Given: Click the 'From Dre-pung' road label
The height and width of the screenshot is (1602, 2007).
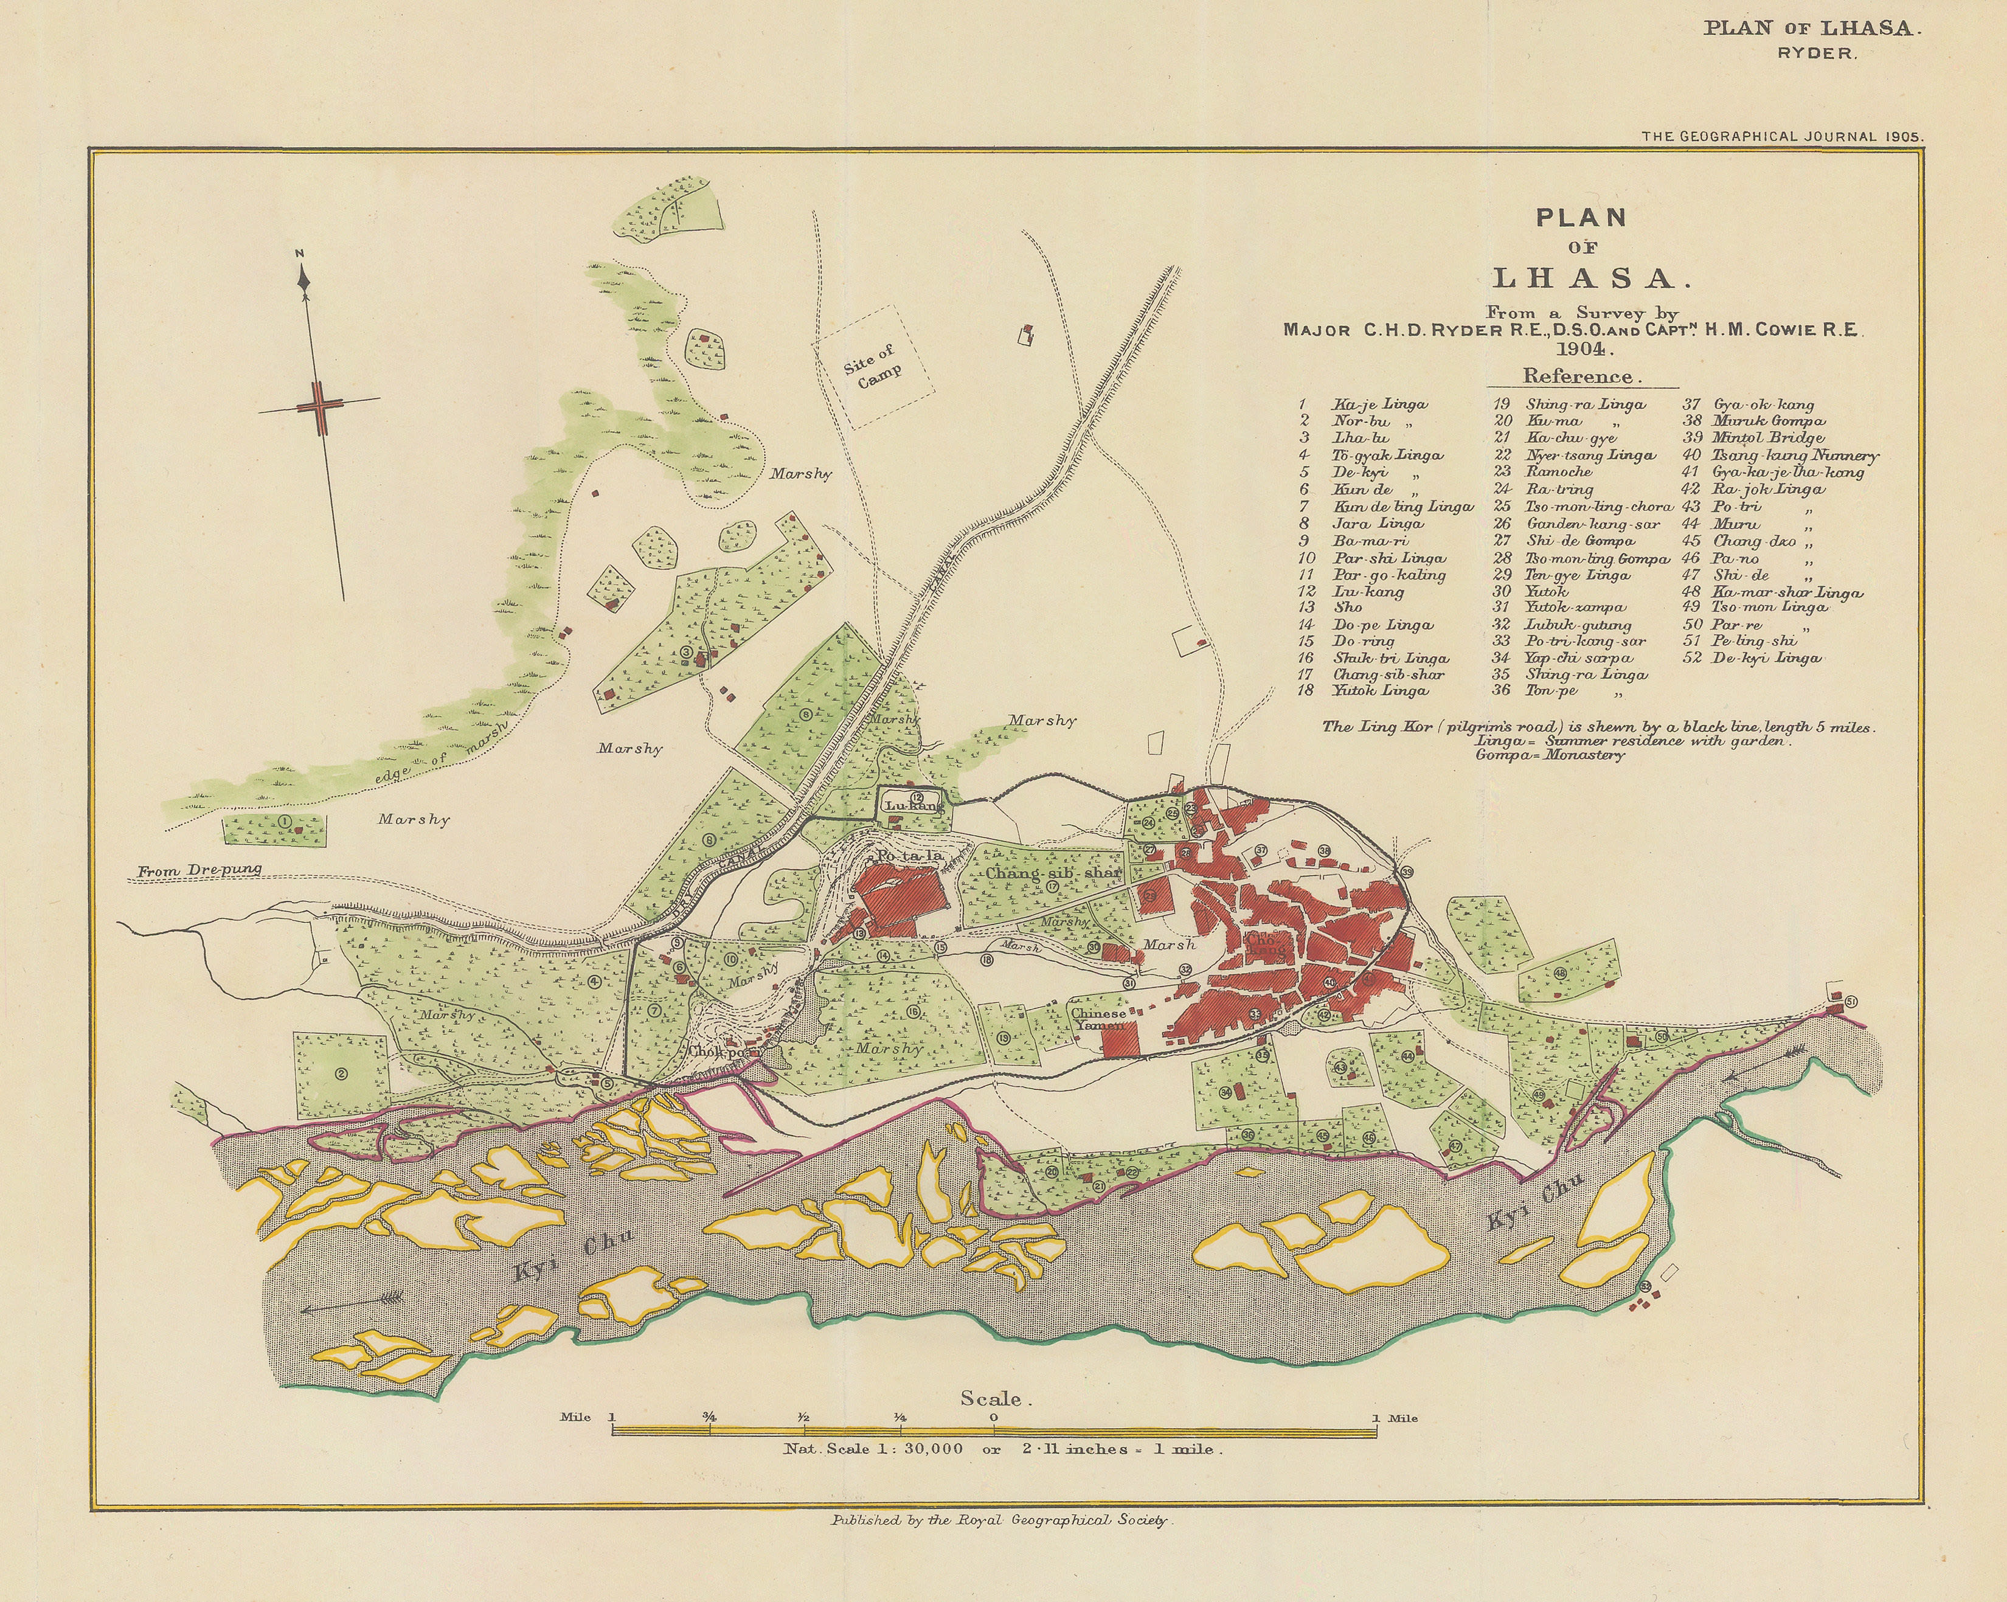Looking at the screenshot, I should click(199, 870).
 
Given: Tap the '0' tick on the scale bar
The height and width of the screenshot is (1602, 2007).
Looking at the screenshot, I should click(994, 1418).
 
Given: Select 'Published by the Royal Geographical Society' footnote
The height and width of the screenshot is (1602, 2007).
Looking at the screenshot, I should click(1002, 1520).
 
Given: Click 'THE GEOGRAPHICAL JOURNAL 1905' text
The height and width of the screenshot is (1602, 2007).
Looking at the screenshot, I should click(1782, 136).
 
